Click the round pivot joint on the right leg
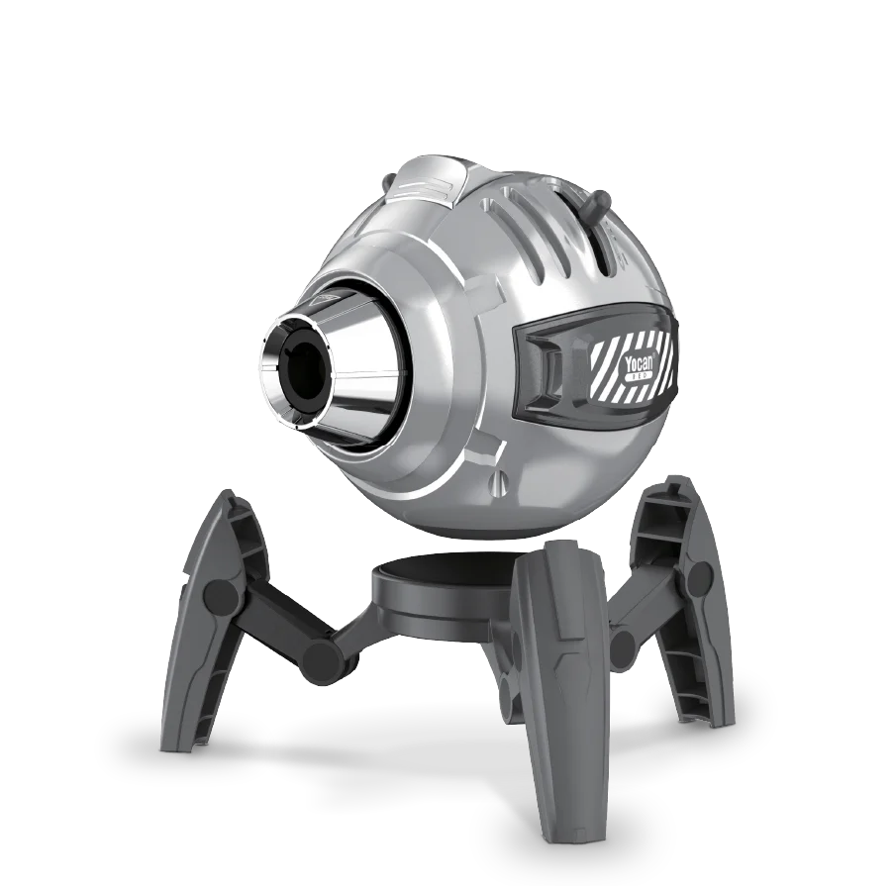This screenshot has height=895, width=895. [700, 577]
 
